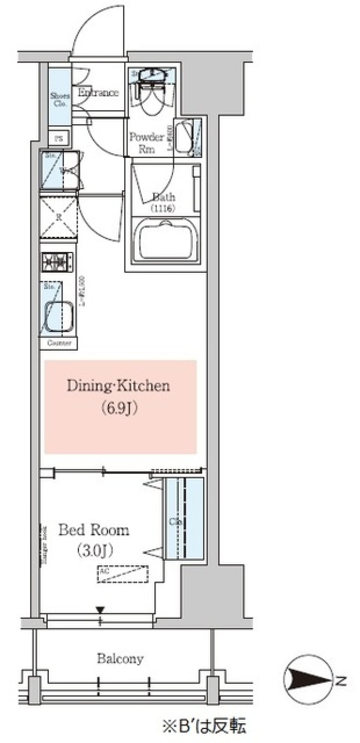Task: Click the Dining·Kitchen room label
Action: pos(118,386)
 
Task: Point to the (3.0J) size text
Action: pos(94,551)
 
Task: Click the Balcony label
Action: pos(120,658)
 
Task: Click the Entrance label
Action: pos(98,93)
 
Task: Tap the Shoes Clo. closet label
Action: pos(60,100)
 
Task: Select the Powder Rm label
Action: pos(147,142)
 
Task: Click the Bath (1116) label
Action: pos(163,202)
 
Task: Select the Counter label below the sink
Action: pos(59,343)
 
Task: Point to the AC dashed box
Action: pos(123,574)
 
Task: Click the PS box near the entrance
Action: pos(59,138)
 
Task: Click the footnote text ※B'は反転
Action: pos(204,725)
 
